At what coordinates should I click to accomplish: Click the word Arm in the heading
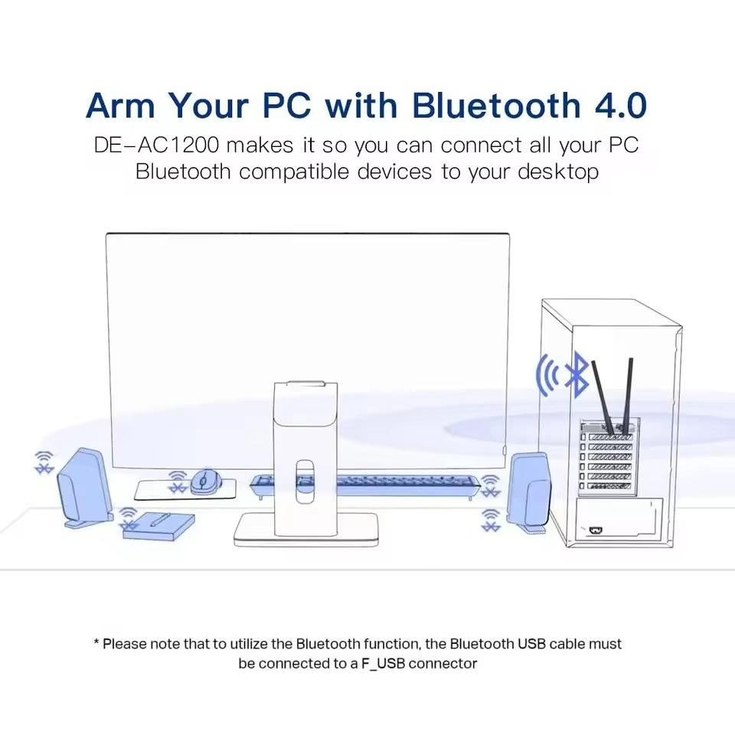coord(122,105)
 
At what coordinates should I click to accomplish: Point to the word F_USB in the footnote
coord(383,663)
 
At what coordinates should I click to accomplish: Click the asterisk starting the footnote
coord(96,644)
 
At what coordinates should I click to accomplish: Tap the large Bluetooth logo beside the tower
coord(576,374)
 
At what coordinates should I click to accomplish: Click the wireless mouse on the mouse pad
coord(204,482)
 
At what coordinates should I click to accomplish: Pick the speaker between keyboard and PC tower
coord(528,492)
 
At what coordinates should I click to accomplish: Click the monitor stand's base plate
coord(306,530)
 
